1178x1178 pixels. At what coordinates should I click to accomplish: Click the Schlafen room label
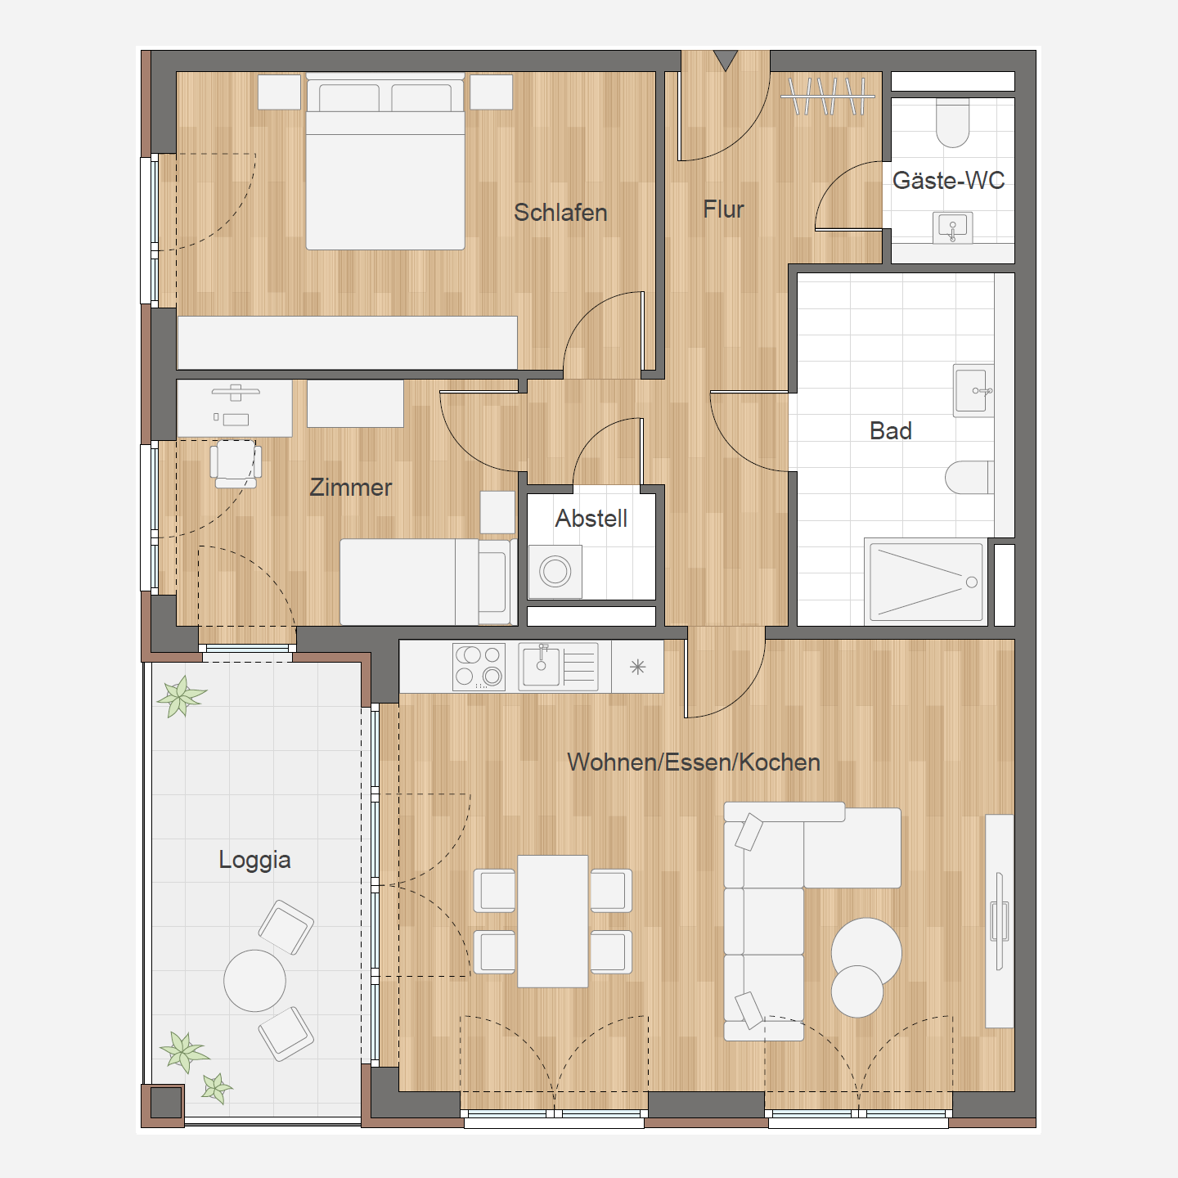[560, 213]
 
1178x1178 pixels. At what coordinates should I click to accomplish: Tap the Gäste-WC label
[948, 180]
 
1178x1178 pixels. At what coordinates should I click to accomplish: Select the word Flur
[723, 209]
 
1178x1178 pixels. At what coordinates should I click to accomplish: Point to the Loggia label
[254, 860]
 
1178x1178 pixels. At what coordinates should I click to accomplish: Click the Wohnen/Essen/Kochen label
[693, 762]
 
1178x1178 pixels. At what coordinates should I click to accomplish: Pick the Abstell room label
[591, 519]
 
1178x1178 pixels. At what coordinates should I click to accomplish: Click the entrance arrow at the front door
[726, 61]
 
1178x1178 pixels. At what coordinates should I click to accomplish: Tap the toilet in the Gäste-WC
[952, 123]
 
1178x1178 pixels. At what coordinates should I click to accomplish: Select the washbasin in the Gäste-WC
[952, 228]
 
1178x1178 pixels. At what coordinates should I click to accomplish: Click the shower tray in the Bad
[925, 582]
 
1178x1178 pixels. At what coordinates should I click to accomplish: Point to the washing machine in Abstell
[555, 572]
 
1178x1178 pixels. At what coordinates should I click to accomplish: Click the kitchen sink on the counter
[558, 667]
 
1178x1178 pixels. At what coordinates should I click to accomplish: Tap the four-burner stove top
[479, 667]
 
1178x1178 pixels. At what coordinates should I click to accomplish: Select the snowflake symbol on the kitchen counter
[637, 667]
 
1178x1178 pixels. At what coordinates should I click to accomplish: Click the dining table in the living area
[553, 921]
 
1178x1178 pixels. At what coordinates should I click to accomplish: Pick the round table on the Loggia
[254, 981]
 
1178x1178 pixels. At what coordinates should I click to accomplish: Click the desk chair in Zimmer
[236, 463]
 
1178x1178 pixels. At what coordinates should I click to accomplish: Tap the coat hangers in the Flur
[828, 96]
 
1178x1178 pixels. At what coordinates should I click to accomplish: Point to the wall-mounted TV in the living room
[1000, 921]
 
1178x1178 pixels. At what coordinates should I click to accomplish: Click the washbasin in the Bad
[973, 391]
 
